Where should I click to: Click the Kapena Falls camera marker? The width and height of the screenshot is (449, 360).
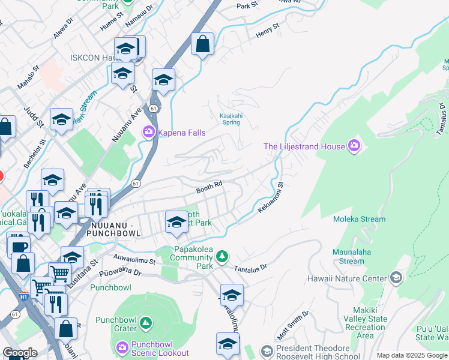[x=148, y=132]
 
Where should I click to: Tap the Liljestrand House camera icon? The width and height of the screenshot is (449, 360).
[x=354, y=146]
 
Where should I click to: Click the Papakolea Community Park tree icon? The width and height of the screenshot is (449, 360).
[x=222, y=257]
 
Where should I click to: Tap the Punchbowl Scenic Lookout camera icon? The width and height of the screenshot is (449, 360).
[x=122, y=347]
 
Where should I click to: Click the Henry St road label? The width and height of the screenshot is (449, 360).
[x=268, y=32]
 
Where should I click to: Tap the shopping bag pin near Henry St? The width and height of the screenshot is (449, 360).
[x=203, y=44]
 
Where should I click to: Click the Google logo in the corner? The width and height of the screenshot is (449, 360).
[x=20, y=353]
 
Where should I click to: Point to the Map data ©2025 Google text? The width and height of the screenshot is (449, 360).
[x=412, y=355]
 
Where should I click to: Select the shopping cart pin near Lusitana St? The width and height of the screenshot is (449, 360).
[x=59, y=274]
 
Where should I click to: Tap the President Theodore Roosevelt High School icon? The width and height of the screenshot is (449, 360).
[x=267, y=350]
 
